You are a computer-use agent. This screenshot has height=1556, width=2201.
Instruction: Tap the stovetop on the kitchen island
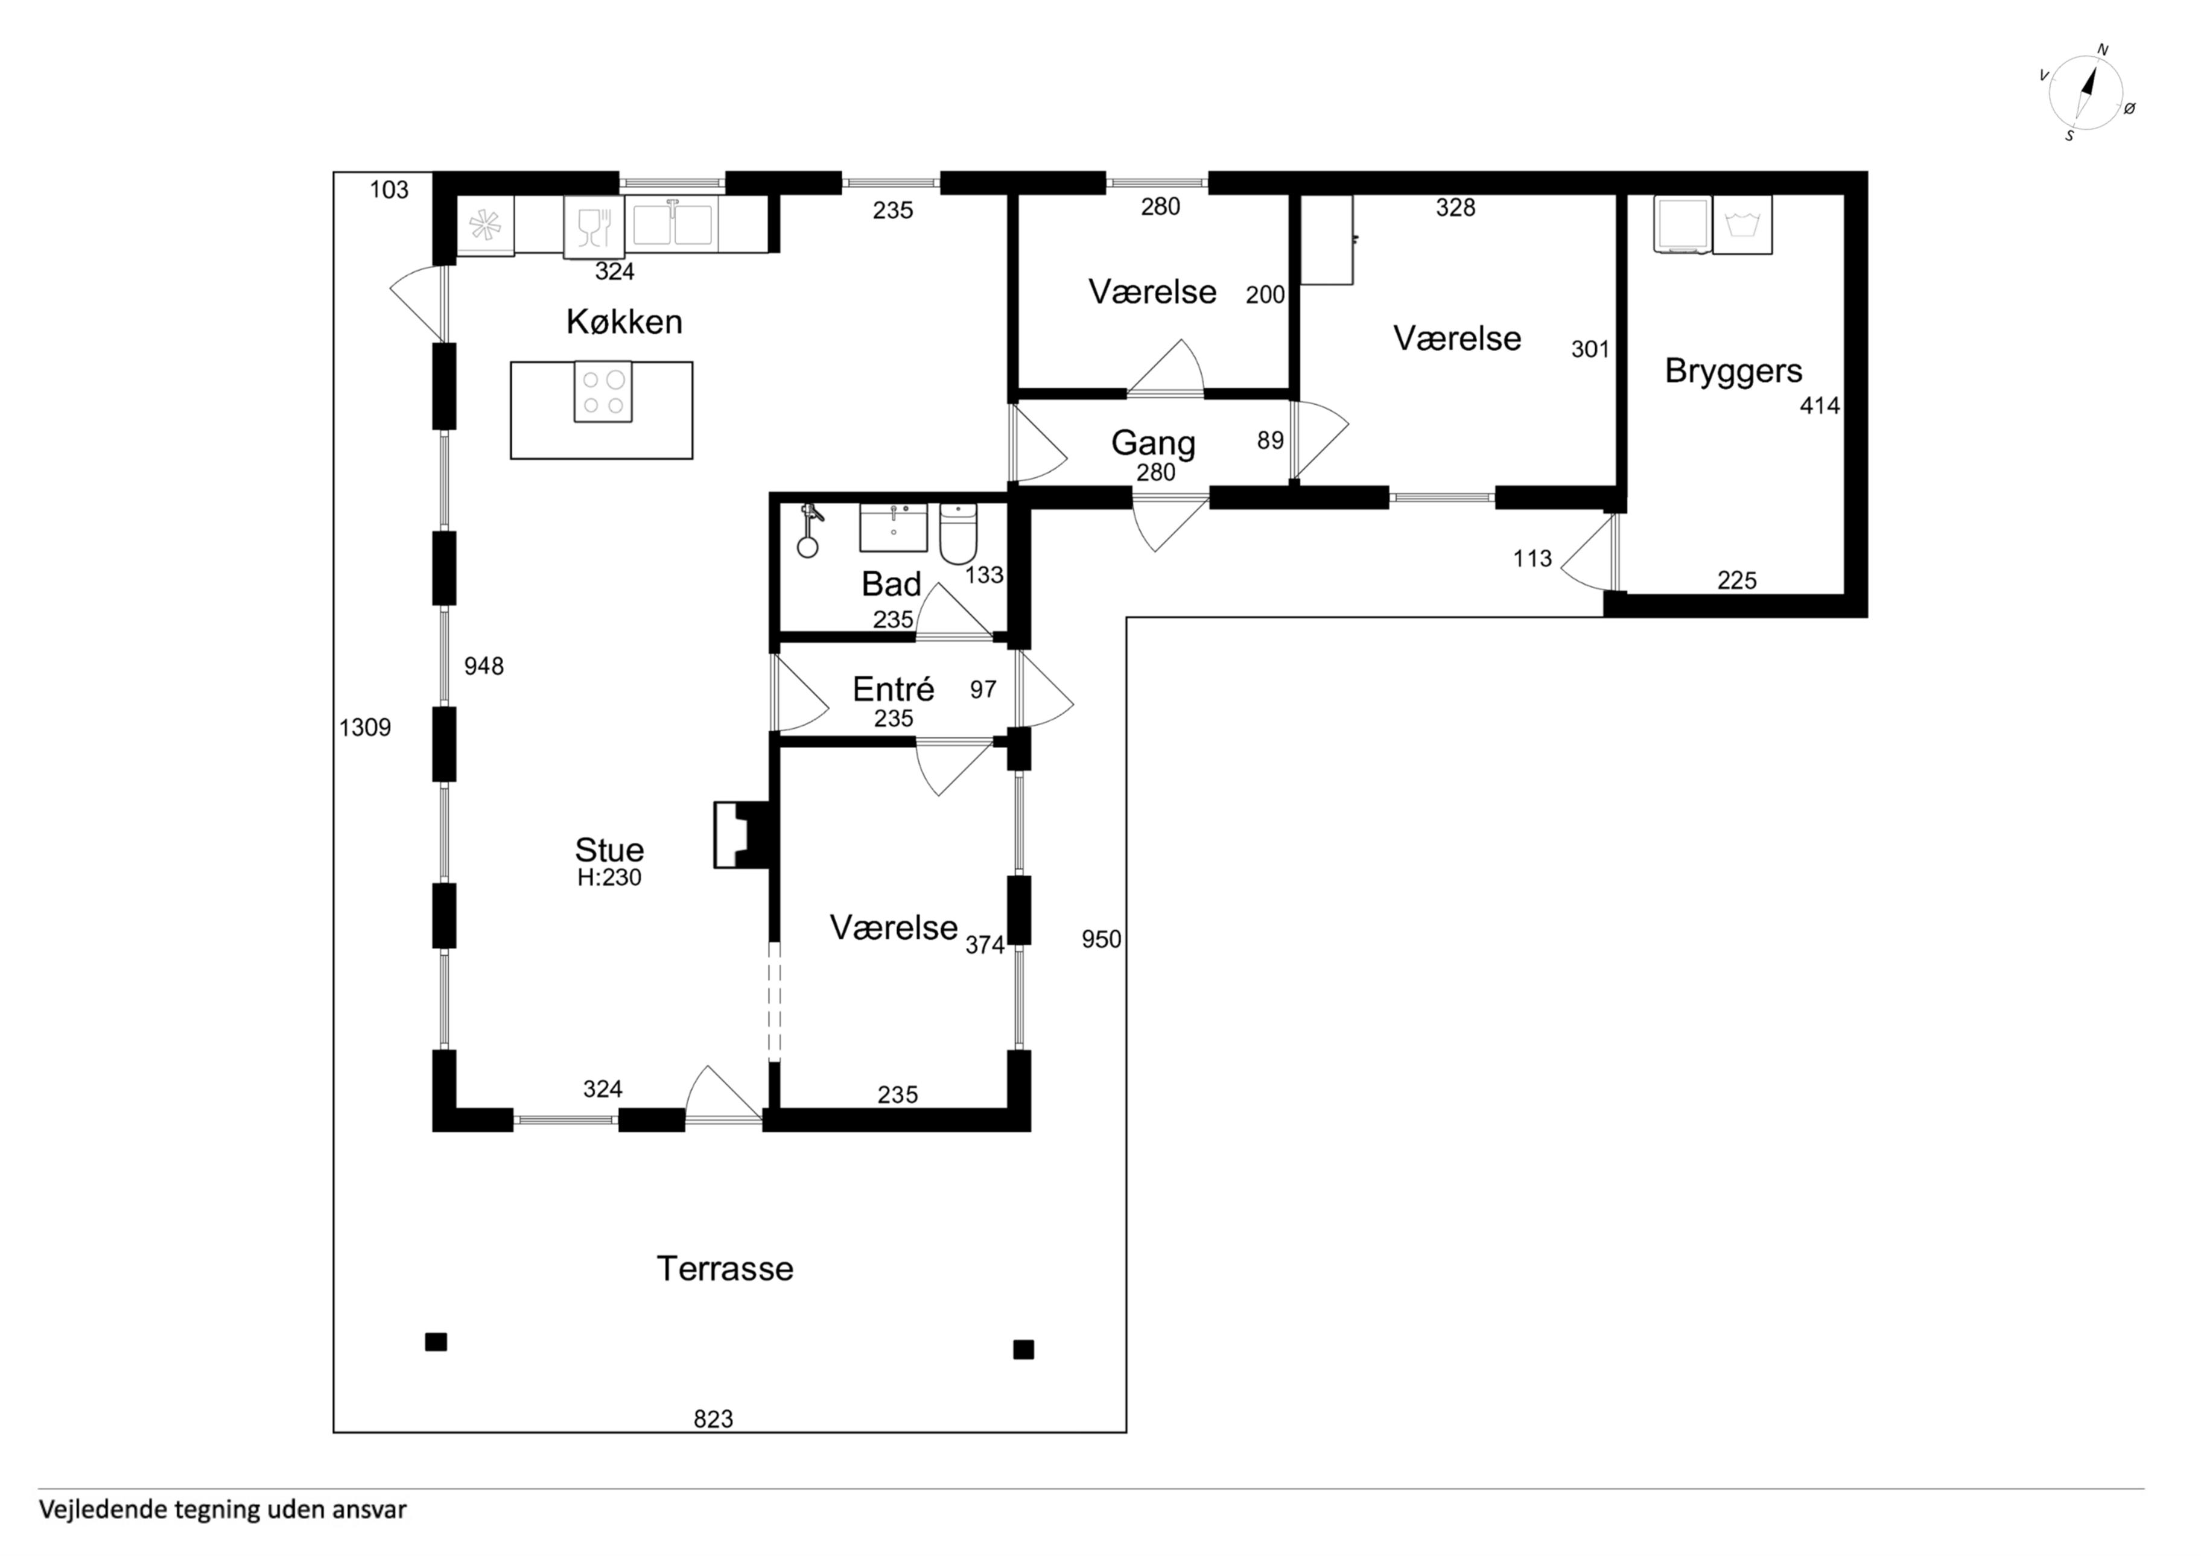coord(603,391)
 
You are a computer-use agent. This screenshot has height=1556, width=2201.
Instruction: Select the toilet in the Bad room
coord(958,533)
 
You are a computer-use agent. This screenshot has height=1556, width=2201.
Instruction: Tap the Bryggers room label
coord(1733,371)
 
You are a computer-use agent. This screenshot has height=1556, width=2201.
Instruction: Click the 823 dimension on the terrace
coord(713,1419)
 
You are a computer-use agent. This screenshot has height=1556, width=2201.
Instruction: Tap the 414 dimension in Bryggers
coord(1820,405)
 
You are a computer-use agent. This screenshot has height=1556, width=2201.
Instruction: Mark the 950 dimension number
coord(1102,939)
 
